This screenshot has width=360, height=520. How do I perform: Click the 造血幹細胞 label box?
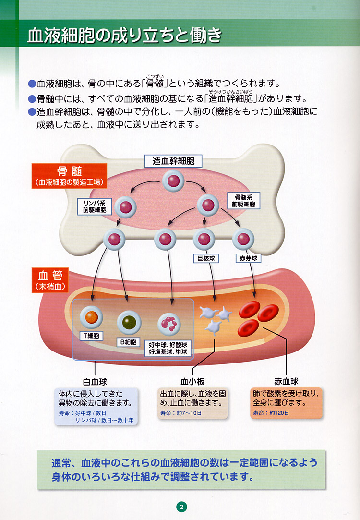point(173,161)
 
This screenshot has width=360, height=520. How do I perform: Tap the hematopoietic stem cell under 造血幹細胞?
point(173,181)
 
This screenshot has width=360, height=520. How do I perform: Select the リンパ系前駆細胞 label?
point(95,206)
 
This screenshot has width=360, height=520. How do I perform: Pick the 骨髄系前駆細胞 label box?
point(243,201)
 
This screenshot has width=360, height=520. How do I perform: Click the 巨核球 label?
point(206,258)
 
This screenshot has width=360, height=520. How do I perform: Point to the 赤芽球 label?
point(248,258)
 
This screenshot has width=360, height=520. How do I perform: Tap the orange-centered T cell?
point(91,317)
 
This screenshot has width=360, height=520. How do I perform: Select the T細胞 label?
point(91,336)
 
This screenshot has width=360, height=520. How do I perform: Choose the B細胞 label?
point(128,342)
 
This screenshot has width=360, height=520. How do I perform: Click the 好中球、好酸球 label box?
point(168,348)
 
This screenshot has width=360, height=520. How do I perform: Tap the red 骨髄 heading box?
point(69,176)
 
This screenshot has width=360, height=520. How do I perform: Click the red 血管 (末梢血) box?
point(50,280)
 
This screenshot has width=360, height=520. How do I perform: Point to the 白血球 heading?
point(95,382)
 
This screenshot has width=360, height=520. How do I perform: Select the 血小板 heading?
point(192,382)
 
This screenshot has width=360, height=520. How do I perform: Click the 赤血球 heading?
point(286,382)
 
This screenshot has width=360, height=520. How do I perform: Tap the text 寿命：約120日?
point(271,413)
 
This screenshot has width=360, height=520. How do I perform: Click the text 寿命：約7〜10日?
point(181,413)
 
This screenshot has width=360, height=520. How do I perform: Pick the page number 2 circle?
point(181,507)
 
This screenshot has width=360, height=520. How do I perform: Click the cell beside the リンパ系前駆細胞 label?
point(125,207)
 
